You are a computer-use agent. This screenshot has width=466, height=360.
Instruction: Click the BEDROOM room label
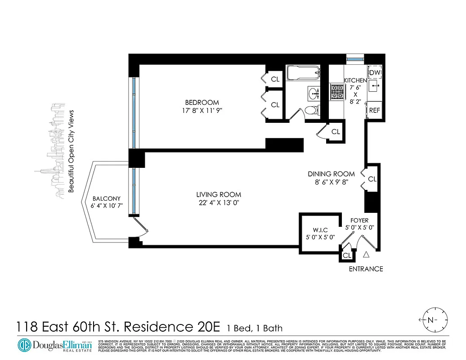click(202, 103)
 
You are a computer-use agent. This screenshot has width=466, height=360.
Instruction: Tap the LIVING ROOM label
click(219, 195)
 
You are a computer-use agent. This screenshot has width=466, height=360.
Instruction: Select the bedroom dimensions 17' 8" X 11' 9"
click(202, 110)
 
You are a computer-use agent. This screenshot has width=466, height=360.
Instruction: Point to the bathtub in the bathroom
click(303, 72)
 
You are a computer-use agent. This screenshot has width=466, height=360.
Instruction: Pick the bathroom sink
click(314, 94)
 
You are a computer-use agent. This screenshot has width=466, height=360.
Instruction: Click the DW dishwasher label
click(375, 72)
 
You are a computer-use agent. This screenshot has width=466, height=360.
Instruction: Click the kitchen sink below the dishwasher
click(375, 85)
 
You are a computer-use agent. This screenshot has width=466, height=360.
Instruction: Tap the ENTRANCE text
click(366, 269)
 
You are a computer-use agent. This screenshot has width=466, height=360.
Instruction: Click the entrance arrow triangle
click(366, 255)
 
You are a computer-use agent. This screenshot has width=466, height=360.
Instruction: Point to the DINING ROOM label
click(331, 174)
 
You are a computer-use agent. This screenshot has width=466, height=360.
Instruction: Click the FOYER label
click(359, 220)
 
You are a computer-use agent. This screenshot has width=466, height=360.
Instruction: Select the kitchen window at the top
click(355, 58)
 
